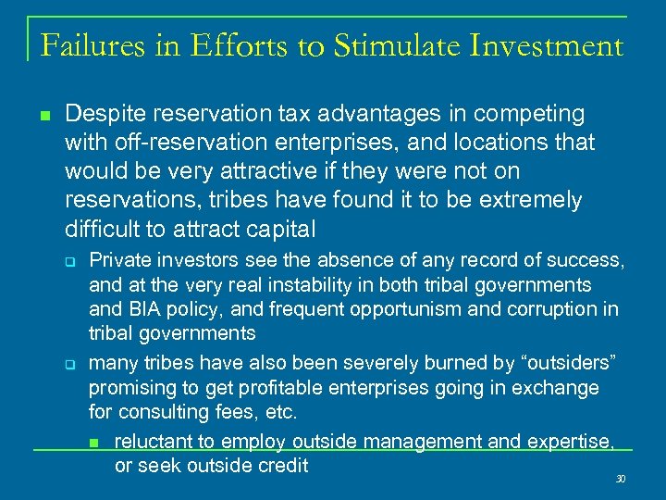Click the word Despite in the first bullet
click(x=101, y=115)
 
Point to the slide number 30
click(x=621, y=480)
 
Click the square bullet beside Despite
click(x=43, y=116)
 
